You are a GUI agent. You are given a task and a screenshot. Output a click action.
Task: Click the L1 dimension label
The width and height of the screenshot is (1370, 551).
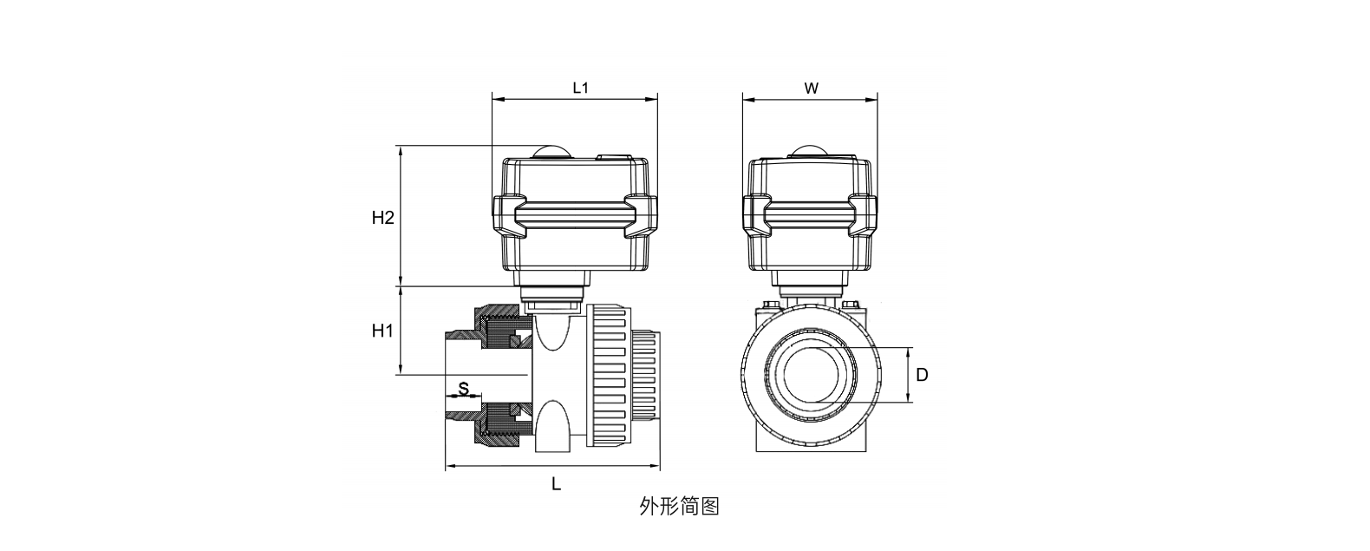580,88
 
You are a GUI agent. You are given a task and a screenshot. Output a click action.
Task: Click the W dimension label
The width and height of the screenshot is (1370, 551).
811,88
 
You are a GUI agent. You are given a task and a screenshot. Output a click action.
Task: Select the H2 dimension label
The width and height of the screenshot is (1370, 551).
382,217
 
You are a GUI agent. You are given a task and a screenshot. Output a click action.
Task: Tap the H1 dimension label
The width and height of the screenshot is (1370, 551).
382,330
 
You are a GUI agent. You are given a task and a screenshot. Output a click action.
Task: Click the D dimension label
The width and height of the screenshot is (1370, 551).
922,375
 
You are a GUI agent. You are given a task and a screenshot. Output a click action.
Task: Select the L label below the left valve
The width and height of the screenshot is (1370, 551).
556,484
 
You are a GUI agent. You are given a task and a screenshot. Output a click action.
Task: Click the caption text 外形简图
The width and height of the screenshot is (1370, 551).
679,506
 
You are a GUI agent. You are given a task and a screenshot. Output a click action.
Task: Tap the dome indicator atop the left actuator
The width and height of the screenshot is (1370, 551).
551,151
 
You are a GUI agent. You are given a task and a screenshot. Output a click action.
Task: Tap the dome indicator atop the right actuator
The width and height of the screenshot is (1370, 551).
811,151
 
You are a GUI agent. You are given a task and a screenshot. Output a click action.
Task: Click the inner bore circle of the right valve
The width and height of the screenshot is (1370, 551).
812,375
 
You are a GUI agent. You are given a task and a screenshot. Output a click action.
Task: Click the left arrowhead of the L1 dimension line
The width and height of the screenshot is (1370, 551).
496,100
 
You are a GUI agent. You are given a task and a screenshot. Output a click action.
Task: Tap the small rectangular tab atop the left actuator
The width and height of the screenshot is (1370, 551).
614,158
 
